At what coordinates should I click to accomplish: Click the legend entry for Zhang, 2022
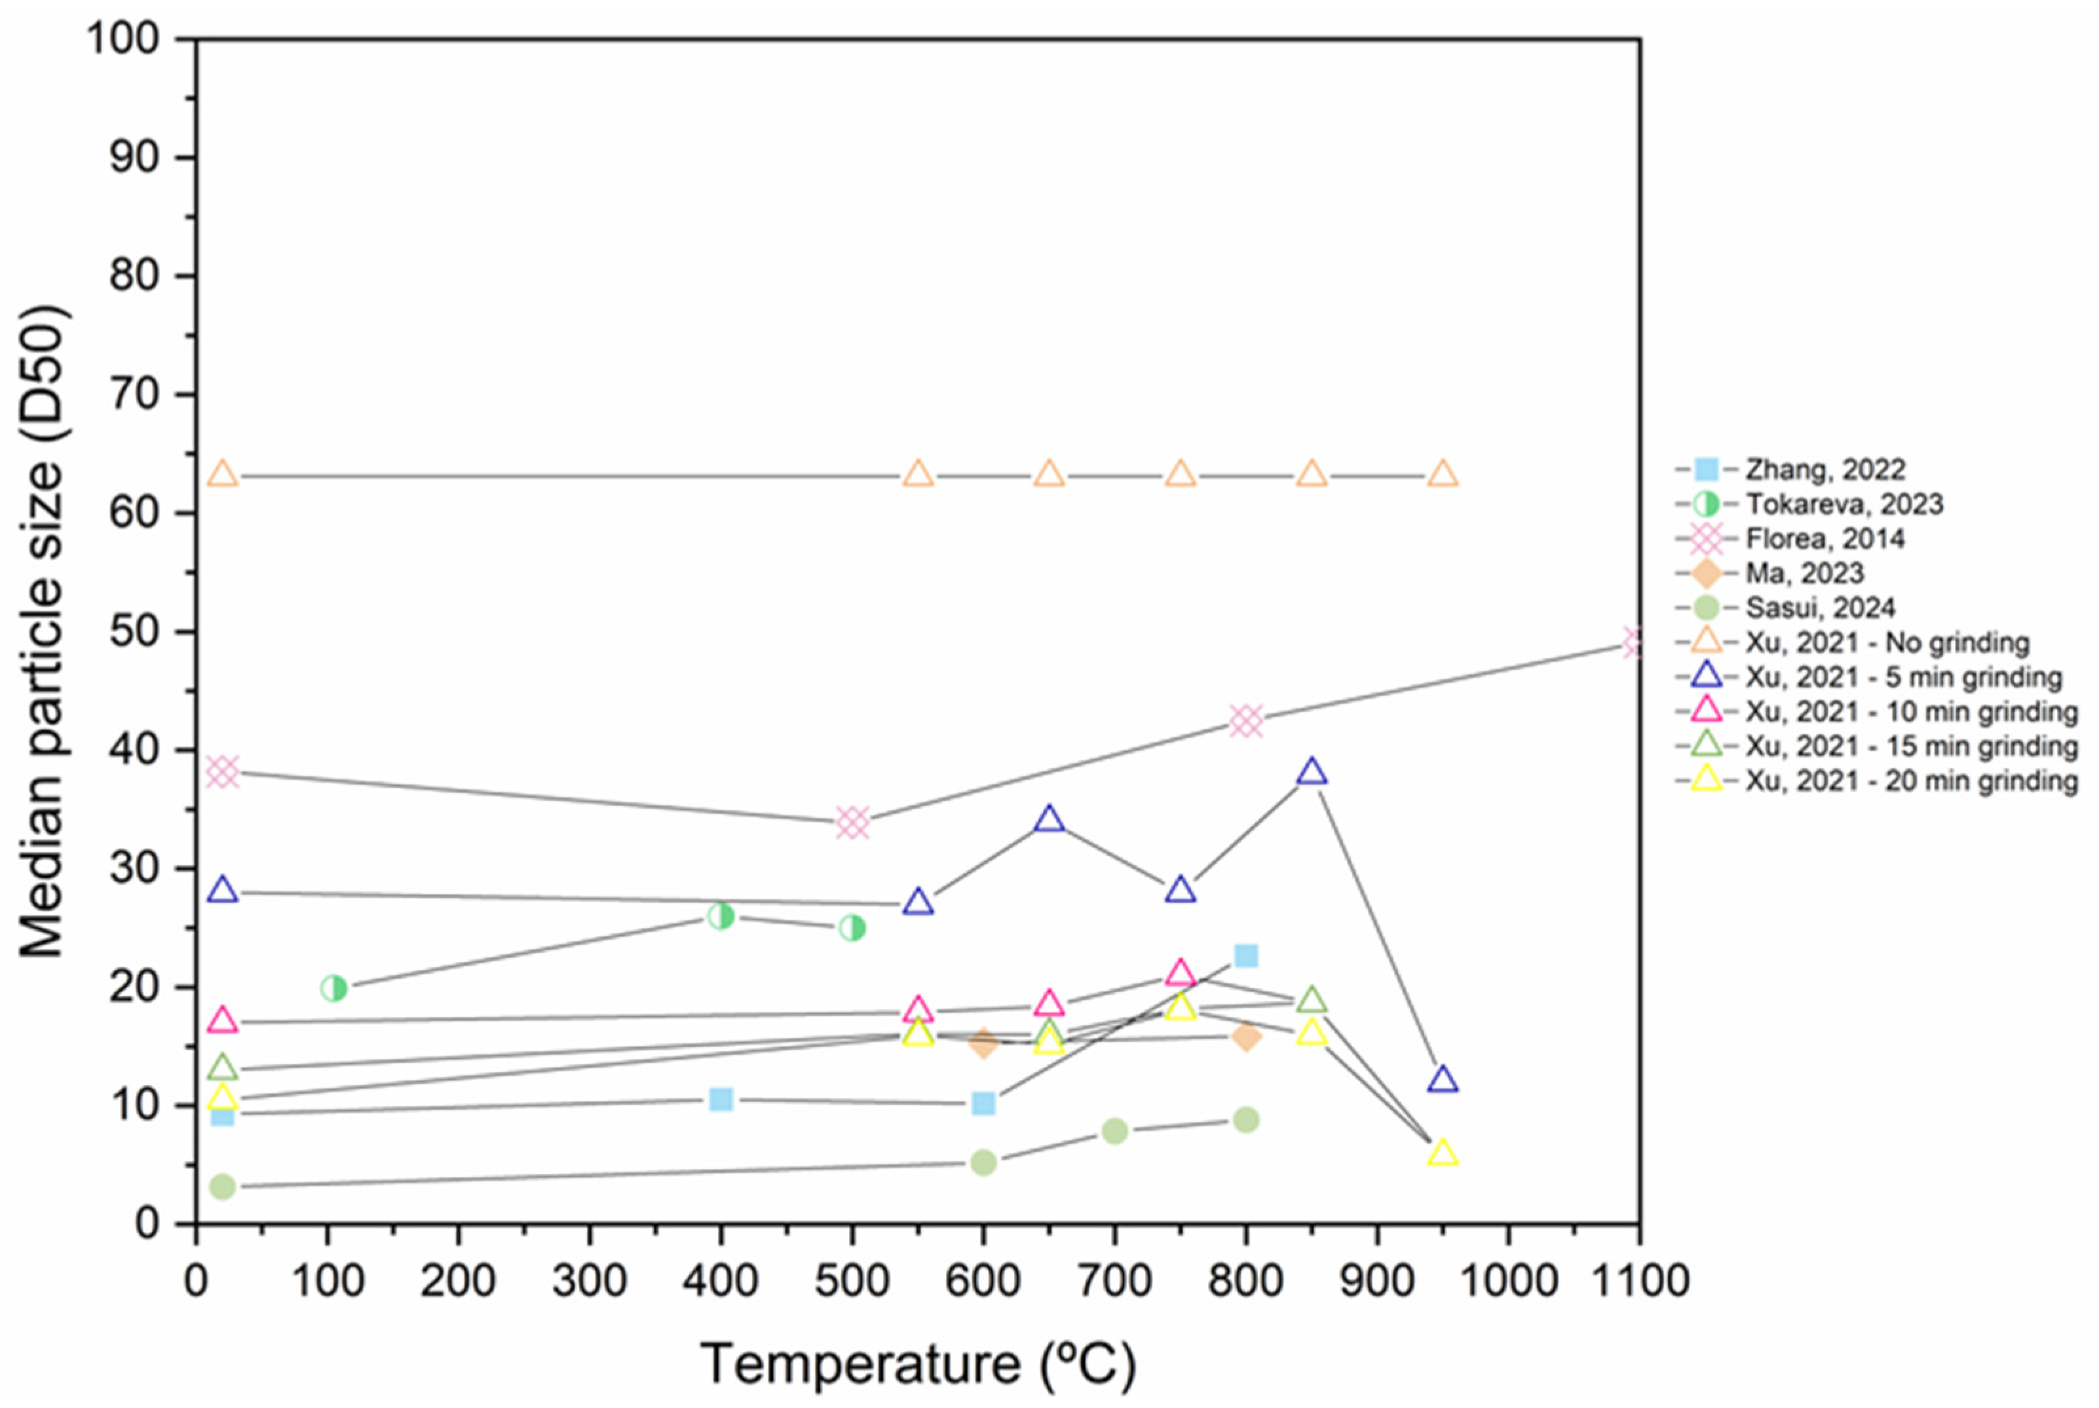[x=1824, y=469]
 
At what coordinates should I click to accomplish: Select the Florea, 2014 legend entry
[x=1824, y=539]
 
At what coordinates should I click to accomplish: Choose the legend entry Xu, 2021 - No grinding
[x=1886, y=642]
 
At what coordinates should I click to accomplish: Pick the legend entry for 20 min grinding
[x=1910, y=781]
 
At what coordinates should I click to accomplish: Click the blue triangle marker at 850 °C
[x=1312, y=771]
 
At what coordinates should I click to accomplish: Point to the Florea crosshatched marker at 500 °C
[x=852, y=822]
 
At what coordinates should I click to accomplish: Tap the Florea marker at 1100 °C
[x=1635, y=642]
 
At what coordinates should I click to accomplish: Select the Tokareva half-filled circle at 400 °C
[x=721, y=917]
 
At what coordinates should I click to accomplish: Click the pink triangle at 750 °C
[x=1180, y=973]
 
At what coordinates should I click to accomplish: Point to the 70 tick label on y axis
[x=135, y=394]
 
